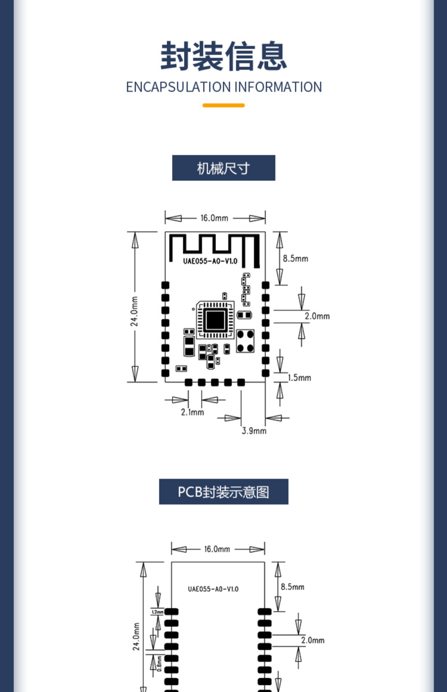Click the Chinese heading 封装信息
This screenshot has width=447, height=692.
click(223, 56)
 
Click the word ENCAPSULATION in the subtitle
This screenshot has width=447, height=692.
click(179, 87)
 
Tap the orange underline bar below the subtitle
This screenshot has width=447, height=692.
click(223, 105)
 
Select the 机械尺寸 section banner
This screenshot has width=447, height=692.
click(223, 168)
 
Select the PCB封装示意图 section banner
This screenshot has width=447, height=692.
click(223, 492)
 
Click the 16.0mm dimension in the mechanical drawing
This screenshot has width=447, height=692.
click(214, 218)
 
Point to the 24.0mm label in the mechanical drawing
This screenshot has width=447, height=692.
click(134, 311)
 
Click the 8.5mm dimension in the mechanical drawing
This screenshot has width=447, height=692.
click(295, 258)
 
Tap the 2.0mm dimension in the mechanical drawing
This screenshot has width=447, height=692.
click(317, 316)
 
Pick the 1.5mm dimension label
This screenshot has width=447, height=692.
click(299, 378)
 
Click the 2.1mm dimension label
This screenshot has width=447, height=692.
click(193, 412)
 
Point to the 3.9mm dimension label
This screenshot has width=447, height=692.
click(254, 431)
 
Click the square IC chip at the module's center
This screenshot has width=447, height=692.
click(215, 320)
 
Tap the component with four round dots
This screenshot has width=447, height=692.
click(245, 341)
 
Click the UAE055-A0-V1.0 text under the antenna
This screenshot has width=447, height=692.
click(210, 261)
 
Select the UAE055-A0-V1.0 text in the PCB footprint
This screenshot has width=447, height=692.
click(213, 589)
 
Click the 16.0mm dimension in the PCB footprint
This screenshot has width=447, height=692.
click(217, 549)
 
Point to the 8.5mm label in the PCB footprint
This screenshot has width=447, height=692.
click(292, 587)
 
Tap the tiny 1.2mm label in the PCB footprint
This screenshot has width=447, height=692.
click(157, 612)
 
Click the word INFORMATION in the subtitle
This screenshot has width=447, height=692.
click(278, 87)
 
